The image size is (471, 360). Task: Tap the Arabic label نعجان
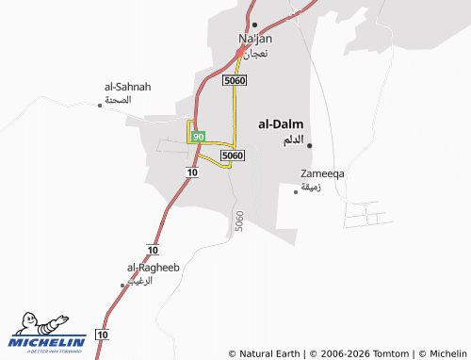click(255, 54)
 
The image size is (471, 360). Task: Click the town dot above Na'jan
click(254, 25)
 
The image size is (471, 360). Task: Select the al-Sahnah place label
click(127, 87)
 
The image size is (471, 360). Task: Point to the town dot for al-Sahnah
click(100, 105)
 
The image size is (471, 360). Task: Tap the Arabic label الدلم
click(294, 140)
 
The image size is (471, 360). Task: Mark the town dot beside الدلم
click(310, 144)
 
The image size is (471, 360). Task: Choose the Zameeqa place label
click(322, 174)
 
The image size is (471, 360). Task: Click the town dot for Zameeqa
click(297, 191)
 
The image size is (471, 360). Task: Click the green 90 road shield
click(198, 137)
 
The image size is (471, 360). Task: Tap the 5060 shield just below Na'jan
click(235, 82)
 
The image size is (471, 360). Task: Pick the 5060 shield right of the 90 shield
click(232, 155)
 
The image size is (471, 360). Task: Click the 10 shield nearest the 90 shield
click(192, 173)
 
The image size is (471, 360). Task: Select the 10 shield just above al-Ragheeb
click(153, 248)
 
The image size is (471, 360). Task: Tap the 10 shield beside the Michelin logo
click(103, 335)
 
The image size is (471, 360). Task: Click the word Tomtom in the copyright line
click(392, 353)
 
